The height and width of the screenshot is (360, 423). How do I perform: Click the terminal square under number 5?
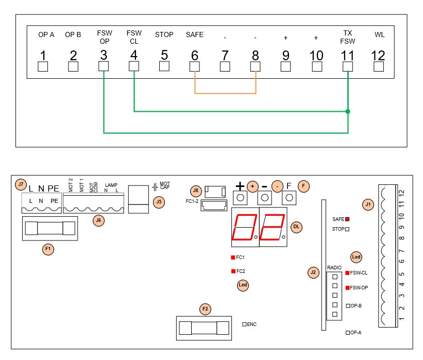click(164, 66)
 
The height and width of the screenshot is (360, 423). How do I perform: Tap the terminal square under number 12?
click(379, 66)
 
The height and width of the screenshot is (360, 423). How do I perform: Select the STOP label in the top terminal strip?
click(164, 35)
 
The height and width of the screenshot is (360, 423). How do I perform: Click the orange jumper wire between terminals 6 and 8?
click(225, 93)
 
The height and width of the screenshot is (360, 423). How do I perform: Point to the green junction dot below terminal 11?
click(348, 111)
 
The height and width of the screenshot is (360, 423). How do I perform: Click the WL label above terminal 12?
click(379, 35)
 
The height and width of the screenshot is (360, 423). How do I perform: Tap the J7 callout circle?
click(21, 185)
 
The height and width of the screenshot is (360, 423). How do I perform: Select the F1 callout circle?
click(48, 249)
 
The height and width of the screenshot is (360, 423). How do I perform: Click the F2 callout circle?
click(205, 309)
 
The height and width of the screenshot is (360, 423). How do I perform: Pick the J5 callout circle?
click(159, 202)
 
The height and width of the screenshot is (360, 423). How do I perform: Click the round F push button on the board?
click(289, 198)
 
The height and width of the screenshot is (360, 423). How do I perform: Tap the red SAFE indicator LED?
click(347, 219)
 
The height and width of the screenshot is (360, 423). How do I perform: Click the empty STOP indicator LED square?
click(347, 229)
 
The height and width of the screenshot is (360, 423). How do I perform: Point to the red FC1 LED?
click(233, 258)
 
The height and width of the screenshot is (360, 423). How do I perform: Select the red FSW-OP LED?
click(348, 288)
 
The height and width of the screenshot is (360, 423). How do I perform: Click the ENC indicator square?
click(244, 324)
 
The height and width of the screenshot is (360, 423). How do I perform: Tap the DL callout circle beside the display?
click(296, 227)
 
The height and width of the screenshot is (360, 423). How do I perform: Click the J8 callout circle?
click(196, 191)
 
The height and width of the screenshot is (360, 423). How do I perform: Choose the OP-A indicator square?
click(348, 333)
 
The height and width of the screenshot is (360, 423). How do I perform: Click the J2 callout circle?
click(313, 272)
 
